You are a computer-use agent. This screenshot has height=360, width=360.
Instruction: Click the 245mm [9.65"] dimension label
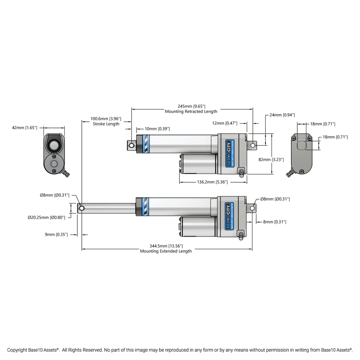[x=191, y=106]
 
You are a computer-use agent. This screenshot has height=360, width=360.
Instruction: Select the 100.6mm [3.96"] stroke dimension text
[x=106, y=119]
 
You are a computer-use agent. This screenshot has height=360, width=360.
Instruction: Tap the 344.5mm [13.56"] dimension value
[x=166, y=246]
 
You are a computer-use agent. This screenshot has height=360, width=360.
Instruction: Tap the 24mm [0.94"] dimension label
[x=282, y=115]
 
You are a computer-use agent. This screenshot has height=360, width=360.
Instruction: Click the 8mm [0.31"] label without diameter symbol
[x=274, y=222]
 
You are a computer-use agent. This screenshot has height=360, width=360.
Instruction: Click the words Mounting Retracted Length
[x=191, y=112]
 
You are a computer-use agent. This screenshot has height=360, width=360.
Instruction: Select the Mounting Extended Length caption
[x=166, y=251]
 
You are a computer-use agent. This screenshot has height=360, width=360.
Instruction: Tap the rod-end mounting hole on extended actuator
[x=81, y=208]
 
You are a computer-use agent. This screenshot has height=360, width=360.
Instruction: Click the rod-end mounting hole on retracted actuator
[x=132, y=145]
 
